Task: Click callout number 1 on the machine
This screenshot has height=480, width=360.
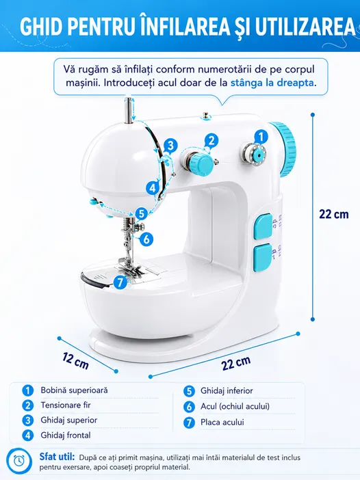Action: (x=261, y=137)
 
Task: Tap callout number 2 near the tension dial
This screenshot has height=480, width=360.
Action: (x=211, y=140)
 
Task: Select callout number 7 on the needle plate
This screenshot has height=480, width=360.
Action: (x=120, y=282)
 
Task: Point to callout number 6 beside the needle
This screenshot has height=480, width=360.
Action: (x=146, y=239)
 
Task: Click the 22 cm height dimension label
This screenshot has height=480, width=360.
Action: (x=334, y=214)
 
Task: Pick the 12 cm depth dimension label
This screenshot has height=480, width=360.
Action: (x=76, y=360)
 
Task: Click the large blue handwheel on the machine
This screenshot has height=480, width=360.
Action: (x=284, y=149)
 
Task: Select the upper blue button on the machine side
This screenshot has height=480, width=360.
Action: (x=263, y=226)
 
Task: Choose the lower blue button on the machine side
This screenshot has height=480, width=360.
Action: (x=263, y=258)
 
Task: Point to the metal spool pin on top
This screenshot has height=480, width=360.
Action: (x=129, y=110)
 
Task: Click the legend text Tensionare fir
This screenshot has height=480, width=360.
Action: (x=66, y=405)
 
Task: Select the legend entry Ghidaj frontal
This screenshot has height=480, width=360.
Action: (x=66, y=435)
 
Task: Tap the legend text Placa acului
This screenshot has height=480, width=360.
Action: (x=222, y=422)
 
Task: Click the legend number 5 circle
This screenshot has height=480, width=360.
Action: (x=189, y=391)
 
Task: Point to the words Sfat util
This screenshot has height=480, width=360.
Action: (x=57, y=457)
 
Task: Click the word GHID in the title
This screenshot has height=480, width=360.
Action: (x=41, y=27)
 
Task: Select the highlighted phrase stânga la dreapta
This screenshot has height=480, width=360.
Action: (x=272, y=83)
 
